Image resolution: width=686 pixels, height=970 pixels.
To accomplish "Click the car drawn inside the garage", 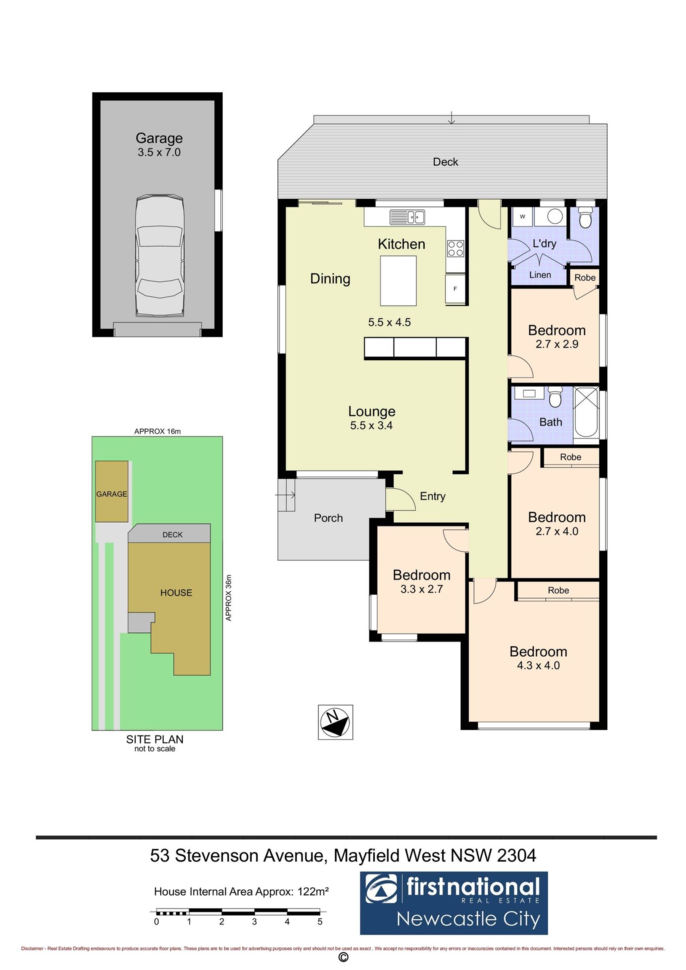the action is click(159, 256).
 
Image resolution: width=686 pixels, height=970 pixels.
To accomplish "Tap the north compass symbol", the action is click(335, 722).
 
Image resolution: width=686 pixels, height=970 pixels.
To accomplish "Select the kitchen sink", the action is click(407, 217).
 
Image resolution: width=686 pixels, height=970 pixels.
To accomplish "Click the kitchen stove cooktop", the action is click(455, 249).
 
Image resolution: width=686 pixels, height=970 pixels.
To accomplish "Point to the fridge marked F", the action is click(455, 289).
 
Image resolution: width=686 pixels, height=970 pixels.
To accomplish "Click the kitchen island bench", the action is click(398, 280).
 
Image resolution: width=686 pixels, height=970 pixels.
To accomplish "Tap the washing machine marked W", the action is click(523, 217).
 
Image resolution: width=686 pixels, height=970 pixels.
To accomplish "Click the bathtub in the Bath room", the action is click(586, 412).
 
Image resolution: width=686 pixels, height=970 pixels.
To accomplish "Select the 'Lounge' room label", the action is click(372, 411).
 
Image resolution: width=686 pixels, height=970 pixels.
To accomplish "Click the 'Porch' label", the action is click(328, 518).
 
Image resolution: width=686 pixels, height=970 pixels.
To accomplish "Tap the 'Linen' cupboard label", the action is click(540, 275).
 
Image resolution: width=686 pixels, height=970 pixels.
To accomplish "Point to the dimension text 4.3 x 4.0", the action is click(538, 665).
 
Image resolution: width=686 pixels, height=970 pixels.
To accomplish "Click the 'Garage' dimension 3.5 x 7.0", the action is click(159, 152).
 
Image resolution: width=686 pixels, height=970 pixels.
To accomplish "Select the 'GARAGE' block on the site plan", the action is click(112, 491).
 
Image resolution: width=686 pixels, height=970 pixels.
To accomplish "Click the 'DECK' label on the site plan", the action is click(172, 535).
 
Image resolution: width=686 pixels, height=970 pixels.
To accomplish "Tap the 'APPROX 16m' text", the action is click(157, 431).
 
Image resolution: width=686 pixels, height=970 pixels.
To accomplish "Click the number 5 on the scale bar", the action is click(320, 922).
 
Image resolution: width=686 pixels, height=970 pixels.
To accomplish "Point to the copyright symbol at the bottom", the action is click(343, 957).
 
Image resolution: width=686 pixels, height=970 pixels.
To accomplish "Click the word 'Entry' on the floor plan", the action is click(433, 496).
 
